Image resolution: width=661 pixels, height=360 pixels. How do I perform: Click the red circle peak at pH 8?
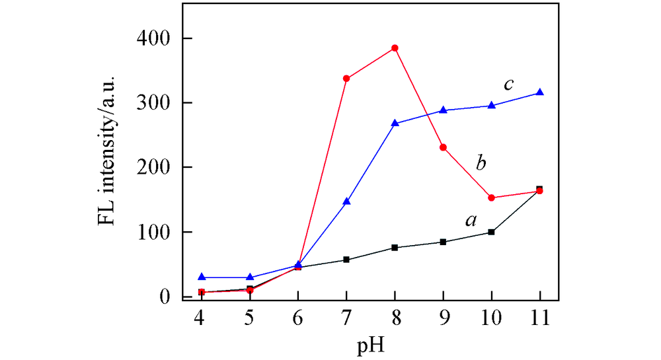[395, 48]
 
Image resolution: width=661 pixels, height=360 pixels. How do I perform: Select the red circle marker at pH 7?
[346, 79]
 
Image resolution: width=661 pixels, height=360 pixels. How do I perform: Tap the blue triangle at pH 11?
[539, 92]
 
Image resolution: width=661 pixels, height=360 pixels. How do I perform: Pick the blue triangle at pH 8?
[395, 124]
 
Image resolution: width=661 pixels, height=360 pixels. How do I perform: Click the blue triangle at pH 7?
[346, 201]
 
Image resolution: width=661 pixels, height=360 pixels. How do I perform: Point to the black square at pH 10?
[491, 232]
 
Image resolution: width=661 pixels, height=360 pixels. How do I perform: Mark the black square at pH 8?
[395, 248]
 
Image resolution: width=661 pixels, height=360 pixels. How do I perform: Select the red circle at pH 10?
[491, 198]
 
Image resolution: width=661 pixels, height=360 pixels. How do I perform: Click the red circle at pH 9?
[443, 147]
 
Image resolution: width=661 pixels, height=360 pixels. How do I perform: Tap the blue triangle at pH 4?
[202, 277]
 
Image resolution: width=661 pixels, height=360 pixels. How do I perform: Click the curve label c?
[508, 85]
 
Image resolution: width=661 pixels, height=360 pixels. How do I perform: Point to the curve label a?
[471, 221]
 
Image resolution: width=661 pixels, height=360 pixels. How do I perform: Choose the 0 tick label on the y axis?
[167, 297]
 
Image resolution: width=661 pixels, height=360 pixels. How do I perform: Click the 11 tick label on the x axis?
[539, 320]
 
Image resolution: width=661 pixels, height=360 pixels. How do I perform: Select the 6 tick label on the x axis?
[298, 320]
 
